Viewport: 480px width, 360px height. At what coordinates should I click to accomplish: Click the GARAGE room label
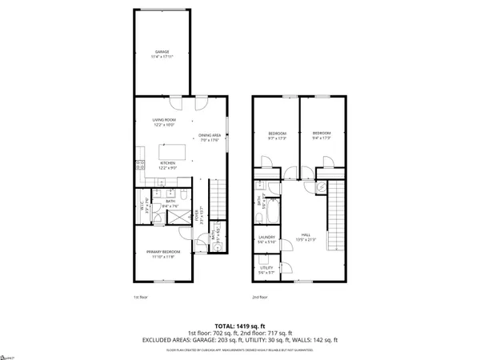tap(162, 54)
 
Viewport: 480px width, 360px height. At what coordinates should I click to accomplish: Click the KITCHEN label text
tap(167, 166)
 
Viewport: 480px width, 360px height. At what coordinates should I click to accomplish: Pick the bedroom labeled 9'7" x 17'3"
tap(277, 134)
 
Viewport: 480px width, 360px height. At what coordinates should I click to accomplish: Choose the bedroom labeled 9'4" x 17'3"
tap(322, 134)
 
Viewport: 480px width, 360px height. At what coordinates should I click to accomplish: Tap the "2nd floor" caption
tap(260, 297)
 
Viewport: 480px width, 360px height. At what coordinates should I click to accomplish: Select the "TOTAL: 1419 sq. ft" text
tap(240, 326)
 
